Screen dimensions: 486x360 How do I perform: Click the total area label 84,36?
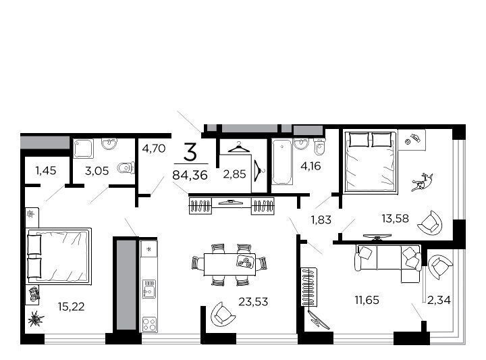(x=190, y=175)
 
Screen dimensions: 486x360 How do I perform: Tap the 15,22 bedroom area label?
(x=71, y=307)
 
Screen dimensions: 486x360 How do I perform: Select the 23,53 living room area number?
(x=253, y=301)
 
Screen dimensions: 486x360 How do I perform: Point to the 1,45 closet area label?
(x=46, y=170)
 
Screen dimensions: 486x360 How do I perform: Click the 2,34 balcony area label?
(x=439, y=300)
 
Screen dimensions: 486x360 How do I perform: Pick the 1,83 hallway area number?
(x=321, y=220)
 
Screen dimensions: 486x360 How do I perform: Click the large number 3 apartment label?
(x=190, y=152)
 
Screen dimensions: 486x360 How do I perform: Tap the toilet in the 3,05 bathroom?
(x=126, y=168)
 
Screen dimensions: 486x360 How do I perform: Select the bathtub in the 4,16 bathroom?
(x=281, y=161)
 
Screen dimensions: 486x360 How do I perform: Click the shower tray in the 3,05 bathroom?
(x=84, y=149)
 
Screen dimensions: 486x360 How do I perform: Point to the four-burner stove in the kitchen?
(x=149, y=324)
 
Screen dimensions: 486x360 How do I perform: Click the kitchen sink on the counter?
(x=149, y=289)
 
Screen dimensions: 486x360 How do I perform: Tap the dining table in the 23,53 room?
(x=230, y=265)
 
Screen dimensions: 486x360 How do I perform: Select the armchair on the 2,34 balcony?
(x=440, y=267)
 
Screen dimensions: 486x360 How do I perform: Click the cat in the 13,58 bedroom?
(x=422, y=182)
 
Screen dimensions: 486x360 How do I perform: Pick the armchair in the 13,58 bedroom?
(x=429, y=222)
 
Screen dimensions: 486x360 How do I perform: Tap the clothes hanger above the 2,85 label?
(x=239, y=147)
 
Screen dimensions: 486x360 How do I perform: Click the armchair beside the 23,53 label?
(x=222, y=313)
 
